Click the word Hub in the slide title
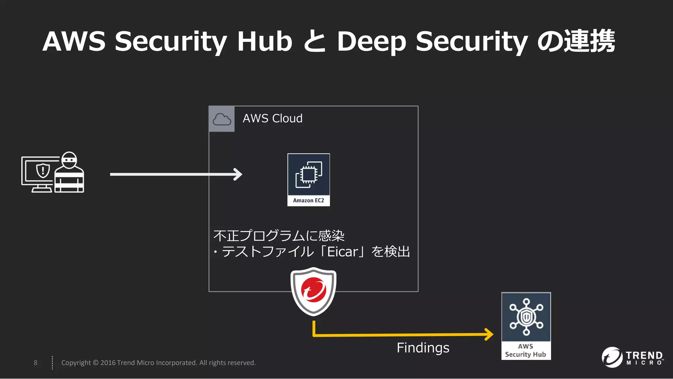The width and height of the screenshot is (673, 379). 265,41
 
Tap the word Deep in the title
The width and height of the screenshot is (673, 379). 371,42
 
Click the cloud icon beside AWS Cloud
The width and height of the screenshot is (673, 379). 222,119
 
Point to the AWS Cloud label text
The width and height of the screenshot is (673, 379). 272,118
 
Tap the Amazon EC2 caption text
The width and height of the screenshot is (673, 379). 309,200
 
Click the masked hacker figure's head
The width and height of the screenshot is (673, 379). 69,160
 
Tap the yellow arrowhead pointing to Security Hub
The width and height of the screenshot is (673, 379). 489,334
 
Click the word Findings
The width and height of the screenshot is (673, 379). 423,348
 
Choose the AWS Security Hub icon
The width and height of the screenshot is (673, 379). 526,317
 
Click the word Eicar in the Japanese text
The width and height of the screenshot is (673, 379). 342,252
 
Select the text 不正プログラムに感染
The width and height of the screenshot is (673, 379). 279,236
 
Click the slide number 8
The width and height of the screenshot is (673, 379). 35,363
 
